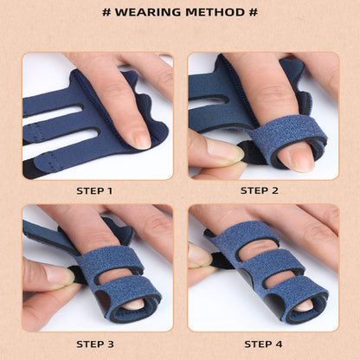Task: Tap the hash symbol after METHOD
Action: tap(254, 12)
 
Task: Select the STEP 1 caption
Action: tap(95, 190)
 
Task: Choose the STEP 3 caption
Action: tap(95, 344)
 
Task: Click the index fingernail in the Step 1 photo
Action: tap(138, 138)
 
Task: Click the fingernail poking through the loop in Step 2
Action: tap(298, 156)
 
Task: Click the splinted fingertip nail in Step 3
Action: tap(132, 304)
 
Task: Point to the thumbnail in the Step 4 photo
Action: tap(199, 255)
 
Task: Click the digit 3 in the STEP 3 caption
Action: tap(110, 344)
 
